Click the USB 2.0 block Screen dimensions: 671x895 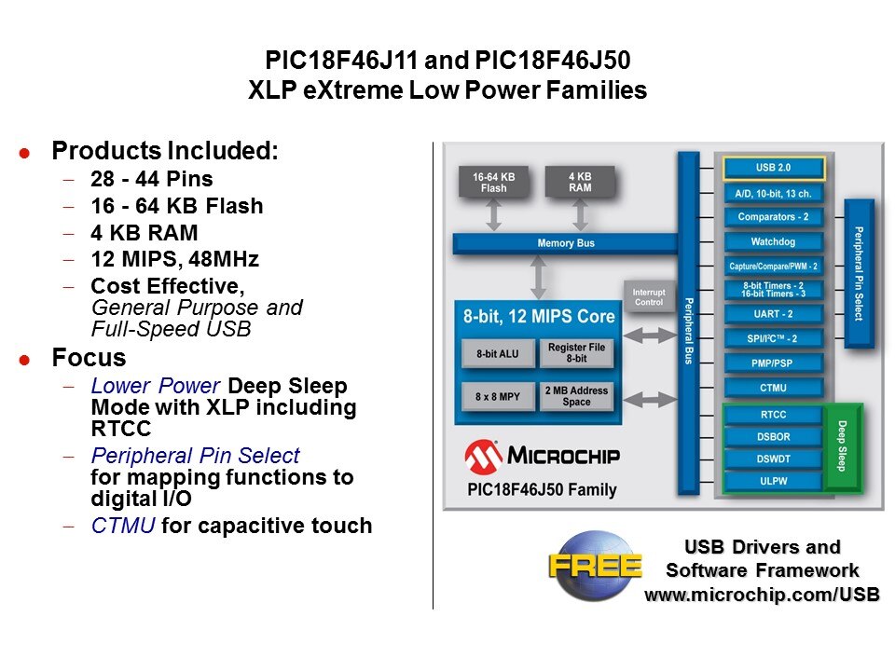pos(774,169)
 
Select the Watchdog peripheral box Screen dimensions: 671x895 pos(774,241)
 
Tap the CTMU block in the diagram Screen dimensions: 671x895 pos(774,387)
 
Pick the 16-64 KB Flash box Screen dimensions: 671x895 pos(494,182)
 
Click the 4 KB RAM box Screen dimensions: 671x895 pos(580,182)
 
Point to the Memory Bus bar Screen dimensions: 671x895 pos(566,244)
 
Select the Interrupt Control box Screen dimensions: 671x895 pos(648,296)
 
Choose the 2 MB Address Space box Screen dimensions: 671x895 pos(577,396)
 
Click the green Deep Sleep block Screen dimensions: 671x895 pos(842,446)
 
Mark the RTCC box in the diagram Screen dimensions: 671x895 pos(774,415)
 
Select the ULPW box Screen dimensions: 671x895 pos(774,481)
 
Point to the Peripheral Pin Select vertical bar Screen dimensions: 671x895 pos(859,273)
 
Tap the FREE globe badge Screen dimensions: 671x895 pos(595,565)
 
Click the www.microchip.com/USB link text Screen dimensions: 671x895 pos(762,595)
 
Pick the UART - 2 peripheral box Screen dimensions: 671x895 pos(774,314)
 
